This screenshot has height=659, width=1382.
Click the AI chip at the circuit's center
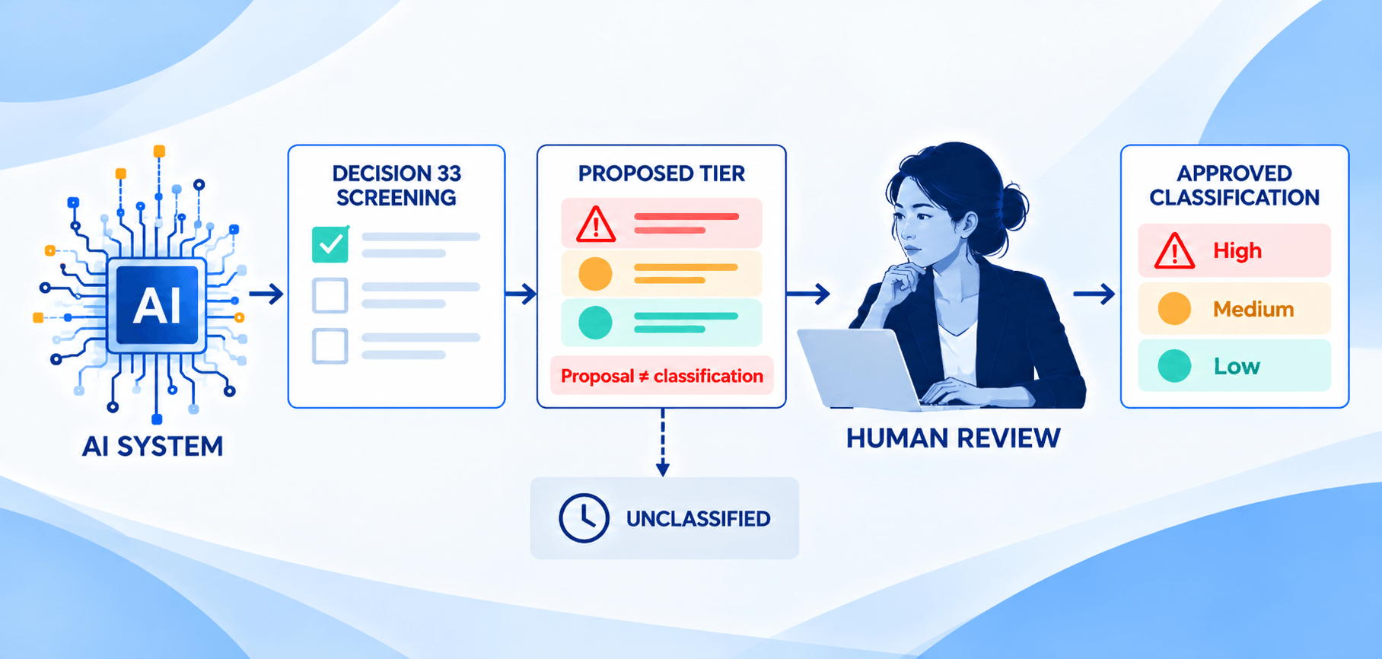click(x=157, y=305)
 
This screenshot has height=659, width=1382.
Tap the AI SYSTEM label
click(x=153, y=446)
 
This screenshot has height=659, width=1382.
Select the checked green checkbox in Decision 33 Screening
click(x=330, y=244)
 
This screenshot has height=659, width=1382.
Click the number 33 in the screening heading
click(x=449, y=174)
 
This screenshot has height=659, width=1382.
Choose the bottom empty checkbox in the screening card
click(x=330, y=345)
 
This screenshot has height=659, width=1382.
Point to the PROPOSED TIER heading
click(x=661, y=174)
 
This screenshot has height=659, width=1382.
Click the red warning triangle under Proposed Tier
click(x=596, y=224)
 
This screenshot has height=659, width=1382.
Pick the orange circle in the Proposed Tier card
click(x=595, y=274)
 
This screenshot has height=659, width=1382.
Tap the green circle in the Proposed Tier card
click(x=595, y=323)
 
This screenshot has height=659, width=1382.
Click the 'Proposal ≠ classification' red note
click(x=662, y=376)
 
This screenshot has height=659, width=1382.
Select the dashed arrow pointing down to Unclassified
click(x=663, y=442)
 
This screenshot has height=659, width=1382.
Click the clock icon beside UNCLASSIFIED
click(x=584, y=518)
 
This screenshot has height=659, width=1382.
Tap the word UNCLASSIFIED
click(x=698, y=519)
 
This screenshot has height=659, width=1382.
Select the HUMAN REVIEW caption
click(x=953, y=438)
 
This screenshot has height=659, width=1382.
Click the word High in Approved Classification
click(x=1237, y=250)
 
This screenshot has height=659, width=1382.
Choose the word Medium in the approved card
click(x=1253, y=309)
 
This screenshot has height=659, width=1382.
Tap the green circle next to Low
click(x=1174, y=366)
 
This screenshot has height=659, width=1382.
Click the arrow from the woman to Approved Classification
click(x=1094, y=294)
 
